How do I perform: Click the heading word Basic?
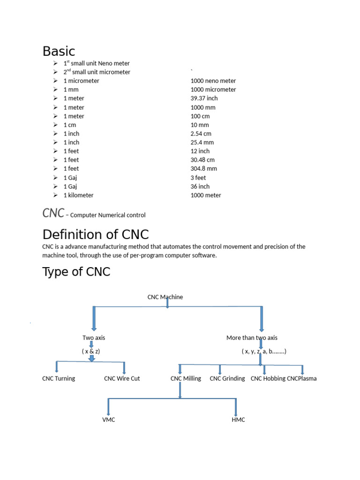(x=59, y=51)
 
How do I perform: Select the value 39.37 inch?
(x=204, y=98)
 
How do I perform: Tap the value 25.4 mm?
(x=202, y=142)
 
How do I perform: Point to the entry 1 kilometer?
(x=78, y=195)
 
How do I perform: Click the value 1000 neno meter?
(x=213, y=81)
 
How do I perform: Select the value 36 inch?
(x=200, y=187)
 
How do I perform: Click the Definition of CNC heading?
(x=96, y=234)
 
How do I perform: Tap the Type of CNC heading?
(x=76, y=271)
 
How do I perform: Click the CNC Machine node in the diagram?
(x=165, y=297)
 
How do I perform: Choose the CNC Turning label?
(x=59, y=379)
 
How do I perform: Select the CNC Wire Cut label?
(x=122, y=379)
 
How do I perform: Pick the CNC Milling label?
(x=186, y=379)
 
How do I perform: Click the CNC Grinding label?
(x=227, y=379)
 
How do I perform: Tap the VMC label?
(x=108, y=420)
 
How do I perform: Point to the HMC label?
(x=238, y=420)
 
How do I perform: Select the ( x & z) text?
(x=91, y=351)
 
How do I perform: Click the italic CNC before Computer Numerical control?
(x=53, y=213)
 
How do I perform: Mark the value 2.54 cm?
(x=201, y=134)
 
